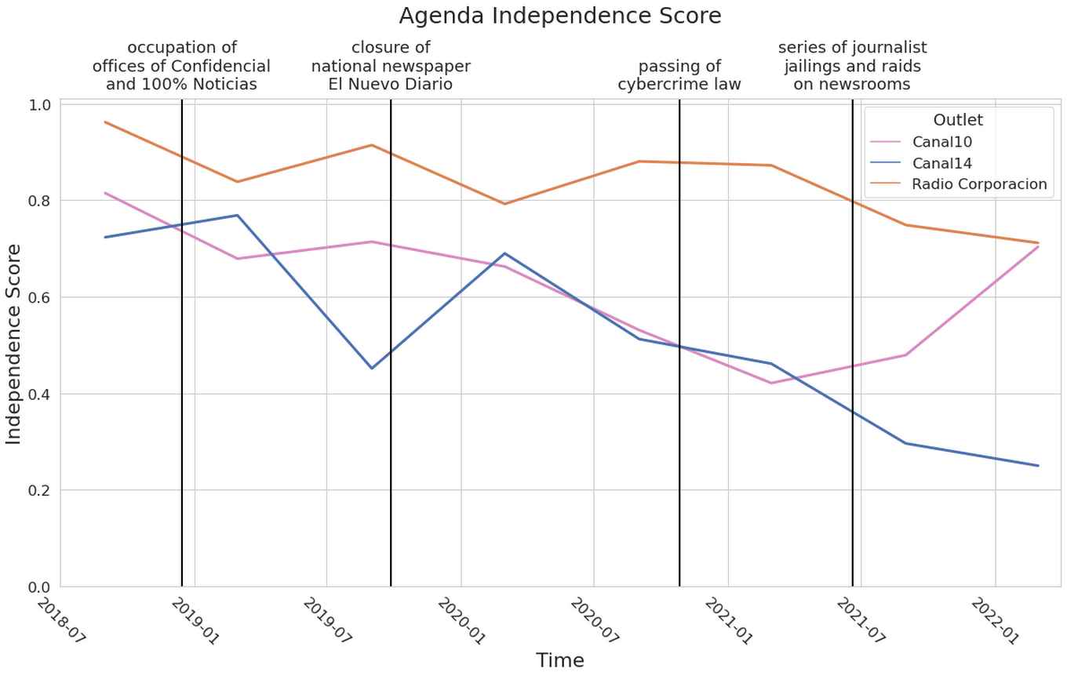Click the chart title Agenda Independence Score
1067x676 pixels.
(x=559, y=16)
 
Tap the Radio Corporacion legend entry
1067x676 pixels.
(x=978, y=184)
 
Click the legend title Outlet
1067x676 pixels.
(x=957, y=120)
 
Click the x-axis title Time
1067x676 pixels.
(x=559, y=660)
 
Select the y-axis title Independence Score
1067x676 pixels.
(x=14, y=343)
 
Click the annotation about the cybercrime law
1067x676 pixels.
(x=679, y=75)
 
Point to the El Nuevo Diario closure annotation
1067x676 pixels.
(x=391, y=66)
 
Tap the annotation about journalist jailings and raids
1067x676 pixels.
(x=852, y=66)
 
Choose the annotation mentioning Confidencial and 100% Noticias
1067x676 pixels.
(x=181, y=66)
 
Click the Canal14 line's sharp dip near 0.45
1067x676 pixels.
(x=371, y=368)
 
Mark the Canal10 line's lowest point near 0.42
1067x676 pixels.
(x=772, y=383)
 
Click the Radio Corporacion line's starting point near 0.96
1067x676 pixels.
(x=105, y=122)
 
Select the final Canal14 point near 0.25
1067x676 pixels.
(x=1038, y=466)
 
